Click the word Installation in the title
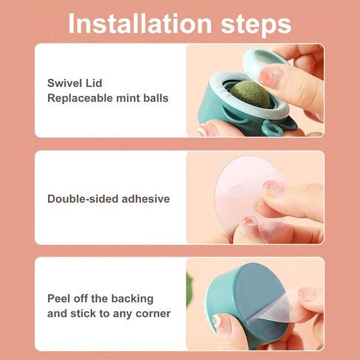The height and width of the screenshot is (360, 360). pos(140,24)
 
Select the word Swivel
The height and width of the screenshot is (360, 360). pos(64,83)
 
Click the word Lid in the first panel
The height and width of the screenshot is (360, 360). pos(94,83)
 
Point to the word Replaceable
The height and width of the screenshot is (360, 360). pos(80,98)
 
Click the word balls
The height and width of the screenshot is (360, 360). pos(156,98)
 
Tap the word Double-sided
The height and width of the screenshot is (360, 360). pos(83,198)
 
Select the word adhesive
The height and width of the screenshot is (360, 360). pos(145,198)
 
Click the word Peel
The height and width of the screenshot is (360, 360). pos(58,299)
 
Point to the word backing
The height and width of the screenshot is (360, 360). pos(132,299)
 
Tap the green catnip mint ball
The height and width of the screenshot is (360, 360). pos(250,95)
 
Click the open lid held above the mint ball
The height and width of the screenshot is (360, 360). pos(260,61)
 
